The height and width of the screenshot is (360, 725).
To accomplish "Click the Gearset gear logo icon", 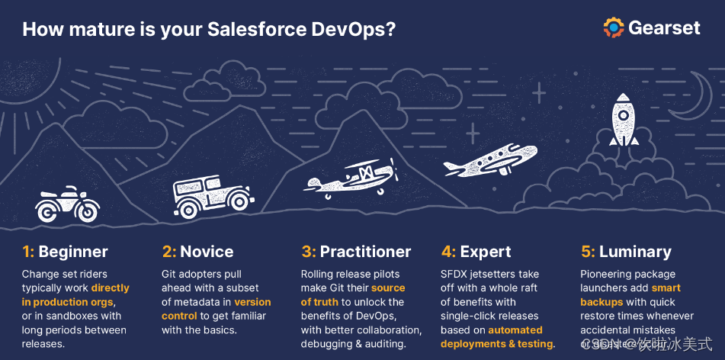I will pos(614,27).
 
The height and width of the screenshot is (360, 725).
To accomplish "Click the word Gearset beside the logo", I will pos(664,28).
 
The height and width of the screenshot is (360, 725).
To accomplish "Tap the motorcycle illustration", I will pos(68,204).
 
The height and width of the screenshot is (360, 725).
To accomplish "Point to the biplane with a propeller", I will pos(352,178).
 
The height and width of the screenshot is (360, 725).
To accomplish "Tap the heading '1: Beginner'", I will pos(65,252).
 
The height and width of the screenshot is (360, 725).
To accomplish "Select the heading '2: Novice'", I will pos(197,252).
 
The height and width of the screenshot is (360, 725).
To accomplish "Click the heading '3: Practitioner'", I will pos(356,252).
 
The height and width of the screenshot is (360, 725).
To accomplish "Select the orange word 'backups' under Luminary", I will pos(601,302).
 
